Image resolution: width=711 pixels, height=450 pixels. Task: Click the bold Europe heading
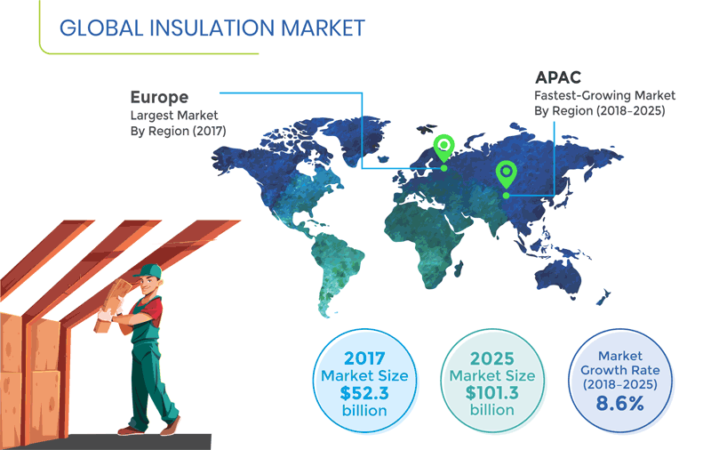[x=159, y=97]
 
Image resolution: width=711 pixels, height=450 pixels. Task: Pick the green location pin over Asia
[x=507, y=172]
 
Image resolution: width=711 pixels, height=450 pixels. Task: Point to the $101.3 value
[x=491, y=393]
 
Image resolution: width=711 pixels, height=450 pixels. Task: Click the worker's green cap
[x=149, y=270]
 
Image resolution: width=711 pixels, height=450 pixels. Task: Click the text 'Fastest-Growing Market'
[x=604, y=95]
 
